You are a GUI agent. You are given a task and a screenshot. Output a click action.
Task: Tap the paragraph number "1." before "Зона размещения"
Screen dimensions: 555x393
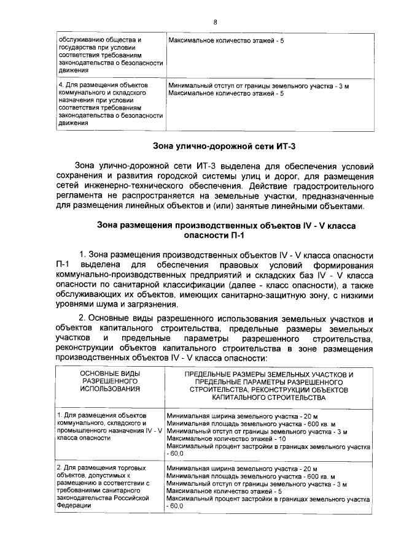click(83, 254)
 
